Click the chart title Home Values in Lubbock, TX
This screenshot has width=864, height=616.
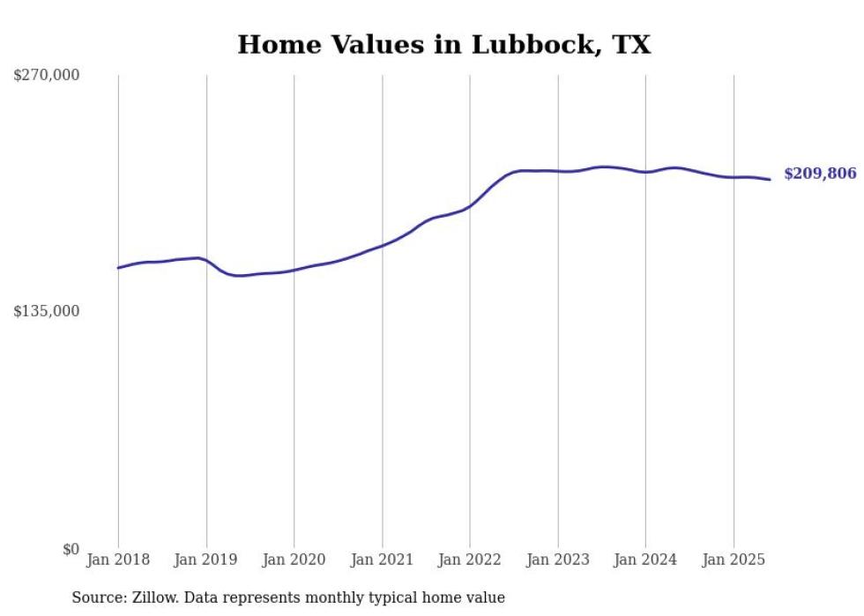[x=443, y=45]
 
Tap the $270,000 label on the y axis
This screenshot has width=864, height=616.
[x=46, y=76]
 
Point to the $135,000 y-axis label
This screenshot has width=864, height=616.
[x=46, y=311]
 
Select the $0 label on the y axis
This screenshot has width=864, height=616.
[x=71, y=549]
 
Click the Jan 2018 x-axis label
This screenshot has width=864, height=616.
[x=118, y=560]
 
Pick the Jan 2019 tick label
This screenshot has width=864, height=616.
[x=206, y=560]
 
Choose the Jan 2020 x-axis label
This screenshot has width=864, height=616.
[x=294, y=560]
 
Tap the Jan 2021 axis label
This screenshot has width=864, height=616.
[x=382, y=560]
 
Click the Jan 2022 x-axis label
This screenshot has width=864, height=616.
[x=470, y=560]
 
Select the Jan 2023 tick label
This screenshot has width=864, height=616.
[x=557, y=560]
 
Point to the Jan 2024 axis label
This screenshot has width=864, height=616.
[x=645, y=560]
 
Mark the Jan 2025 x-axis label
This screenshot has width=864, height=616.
[x=733, y=560]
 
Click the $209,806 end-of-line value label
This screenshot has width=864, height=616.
[x=820, y=174]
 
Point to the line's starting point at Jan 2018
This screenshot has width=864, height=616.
[x=118, y=268]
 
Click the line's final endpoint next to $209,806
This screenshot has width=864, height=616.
[x=771, y=180]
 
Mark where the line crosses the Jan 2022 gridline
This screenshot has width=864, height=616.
[x=470, y=205]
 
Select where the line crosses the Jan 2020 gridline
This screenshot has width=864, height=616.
[x=294, y=270]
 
